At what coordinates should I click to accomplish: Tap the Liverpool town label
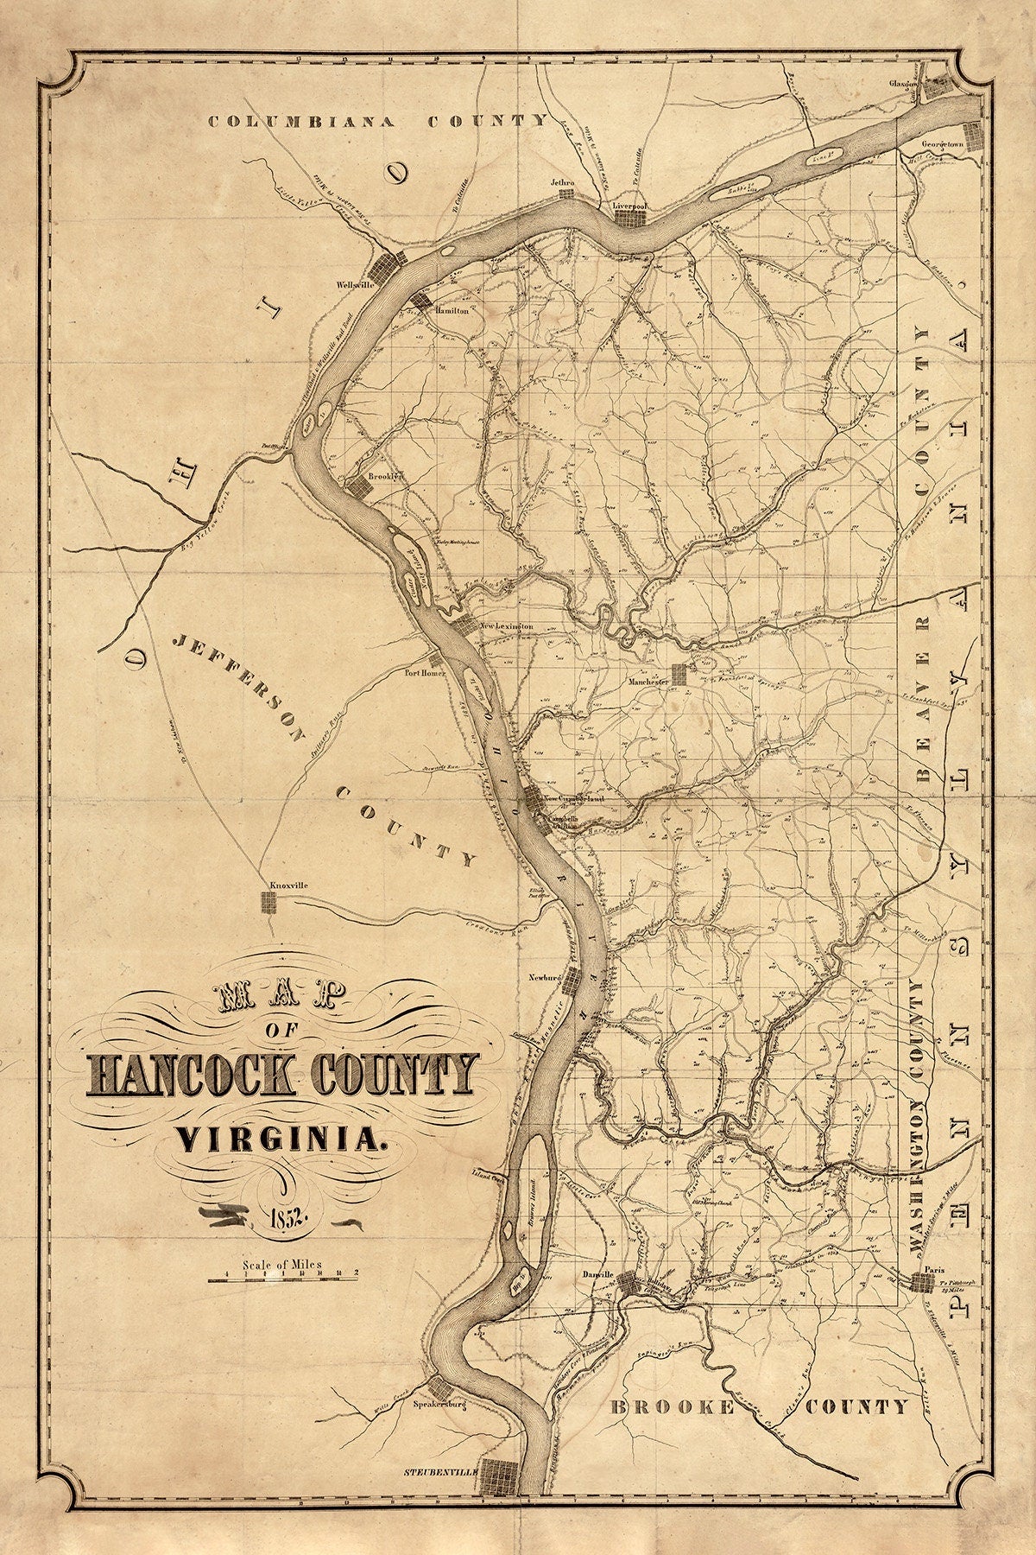(x=629, y=207)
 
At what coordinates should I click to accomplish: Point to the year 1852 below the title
(x=278, y=1219)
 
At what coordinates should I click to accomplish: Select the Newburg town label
(x=545, y=977)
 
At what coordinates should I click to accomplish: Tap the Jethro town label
(x=563, y=183)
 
